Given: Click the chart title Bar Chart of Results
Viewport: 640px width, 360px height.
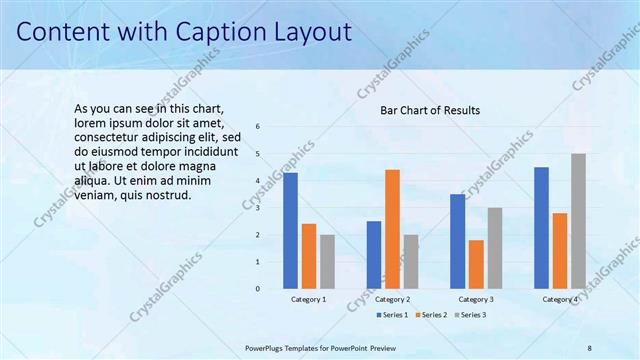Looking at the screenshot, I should (430, 110).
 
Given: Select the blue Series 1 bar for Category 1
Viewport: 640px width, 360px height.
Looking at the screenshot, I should (290, 230).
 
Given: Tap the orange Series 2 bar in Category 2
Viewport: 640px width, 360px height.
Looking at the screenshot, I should (392, 229).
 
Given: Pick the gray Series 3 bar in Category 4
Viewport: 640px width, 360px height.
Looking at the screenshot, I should (578, 221).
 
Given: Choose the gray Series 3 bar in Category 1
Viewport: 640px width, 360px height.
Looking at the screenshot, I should (327, 261).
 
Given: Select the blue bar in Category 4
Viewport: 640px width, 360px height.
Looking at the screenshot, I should (541, 227).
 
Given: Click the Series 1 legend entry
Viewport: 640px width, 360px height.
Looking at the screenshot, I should (393, 315).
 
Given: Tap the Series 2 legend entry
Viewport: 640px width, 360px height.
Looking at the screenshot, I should (431, 315).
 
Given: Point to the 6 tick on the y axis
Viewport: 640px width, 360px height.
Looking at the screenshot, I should (258, 127).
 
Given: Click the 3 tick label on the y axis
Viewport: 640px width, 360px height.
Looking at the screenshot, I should (258, 208).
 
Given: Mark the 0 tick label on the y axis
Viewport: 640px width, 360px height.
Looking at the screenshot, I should (258, 289).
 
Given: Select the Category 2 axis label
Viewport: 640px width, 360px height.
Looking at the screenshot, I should (393, 300).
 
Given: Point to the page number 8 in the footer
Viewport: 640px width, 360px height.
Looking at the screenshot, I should (589, 347).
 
